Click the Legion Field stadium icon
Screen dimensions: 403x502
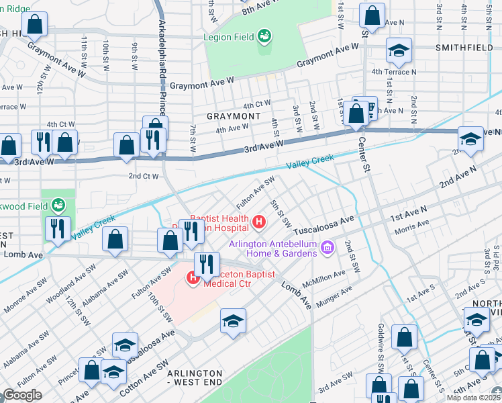[264, 34]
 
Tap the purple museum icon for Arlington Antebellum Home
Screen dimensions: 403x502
[327, 249]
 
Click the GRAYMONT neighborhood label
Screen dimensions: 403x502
[233, 116]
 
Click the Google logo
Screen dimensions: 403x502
[23, 395]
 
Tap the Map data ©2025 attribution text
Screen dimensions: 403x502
[474, 398]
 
